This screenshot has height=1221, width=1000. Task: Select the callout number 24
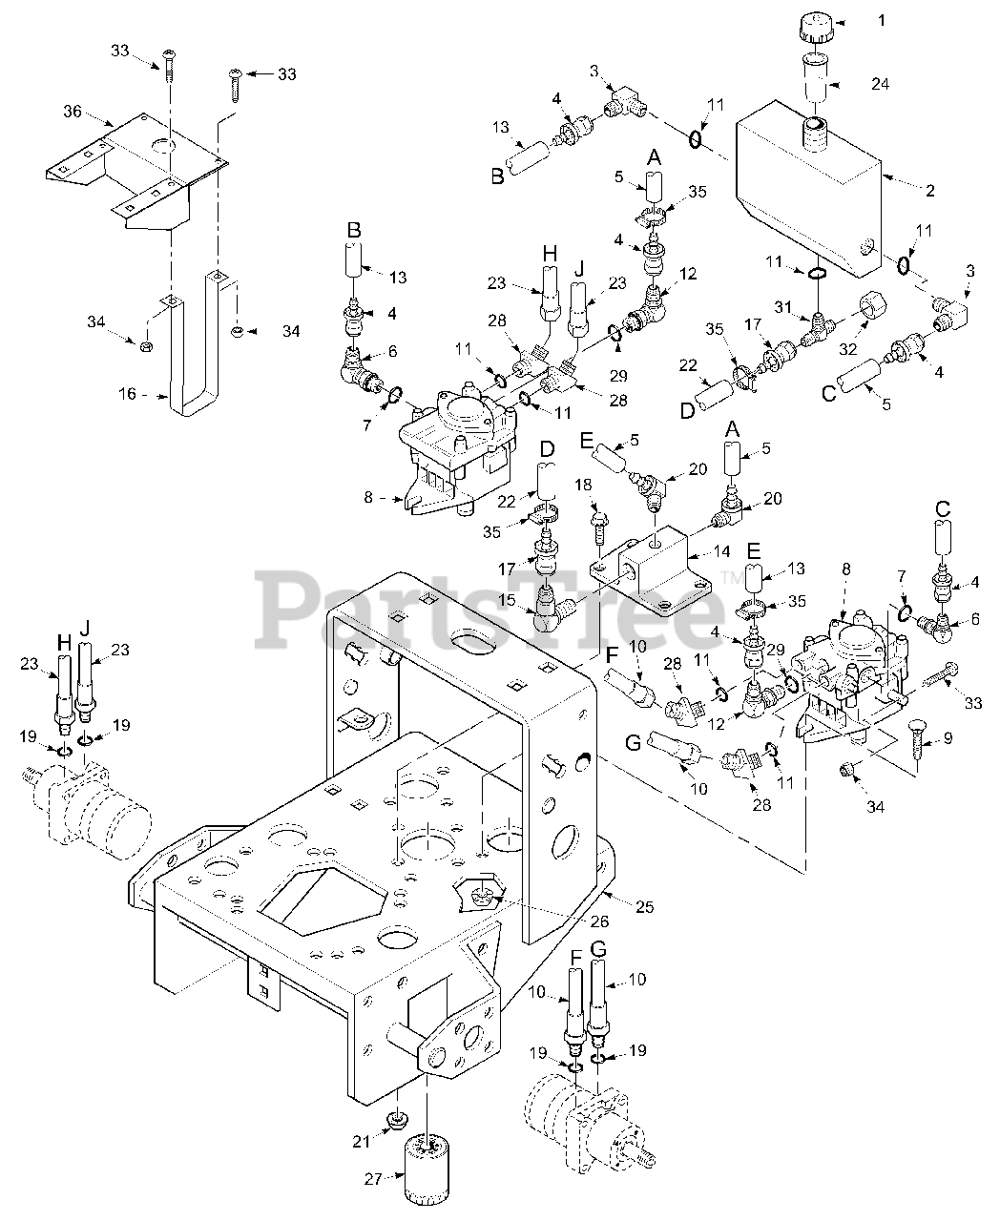pyautogui.click(x=879, y=84)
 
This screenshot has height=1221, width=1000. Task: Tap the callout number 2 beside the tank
pyautogui.click(x=928, y=190)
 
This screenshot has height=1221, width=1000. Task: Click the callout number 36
pyautogui.click(x=73, y=112)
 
